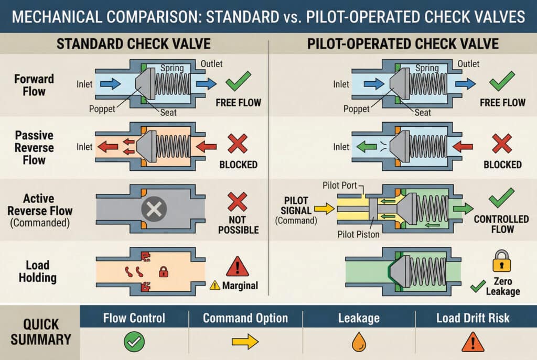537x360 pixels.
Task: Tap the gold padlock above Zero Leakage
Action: pos(501,260)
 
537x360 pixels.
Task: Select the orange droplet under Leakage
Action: pos(359,342)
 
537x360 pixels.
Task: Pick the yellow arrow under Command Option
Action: pos(245,342)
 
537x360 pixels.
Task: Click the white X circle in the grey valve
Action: pos(154,210)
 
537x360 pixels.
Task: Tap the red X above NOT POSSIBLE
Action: pos(238,202)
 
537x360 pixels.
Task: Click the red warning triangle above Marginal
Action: pos(237,266)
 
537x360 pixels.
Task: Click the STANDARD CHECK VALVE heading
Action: pos(134,43)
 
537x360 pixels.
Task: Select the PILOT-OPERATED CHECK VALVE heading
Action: pos(403,43)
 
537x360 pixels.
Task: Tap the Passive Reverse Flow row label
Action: pos(34,147)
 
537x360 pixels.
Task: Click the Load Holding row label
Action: pos(38,271)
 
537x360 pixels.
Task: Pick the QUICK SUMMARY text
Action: pos(40,332)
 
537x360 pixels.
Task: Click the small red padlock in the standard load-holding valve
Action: pos(164,271)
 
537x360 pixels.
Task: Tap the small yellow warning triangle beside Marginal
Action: pos(214,285)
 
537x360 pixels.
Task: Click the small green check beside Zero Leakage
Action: pos(478,286)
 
